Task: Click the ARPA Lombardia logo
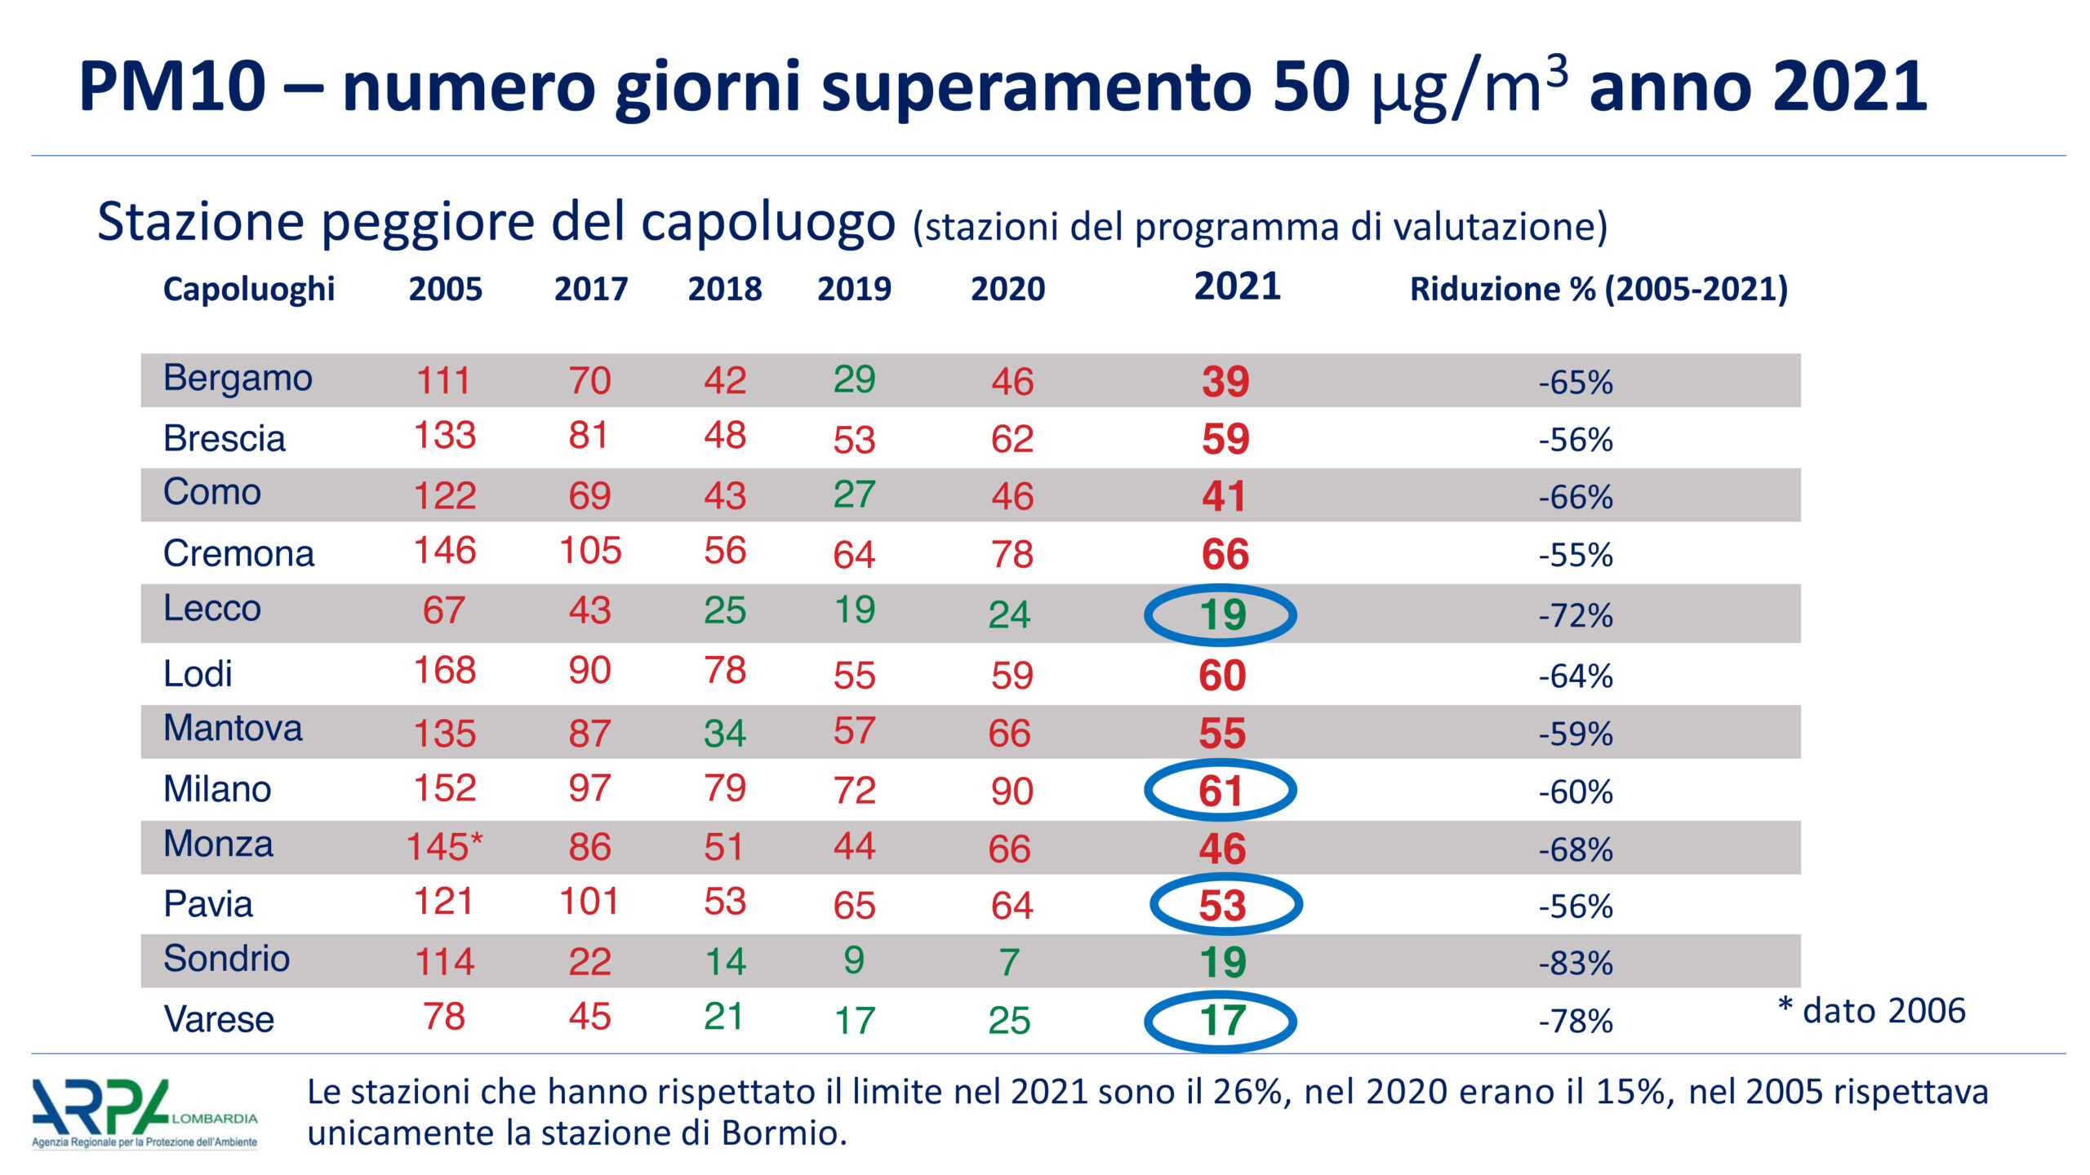tap(145, 1114)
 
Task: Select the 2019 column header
tap(854, 289)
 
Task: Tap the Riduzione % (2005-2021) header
tap(1599, 290)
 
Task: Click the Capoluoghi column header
tap(248, 290)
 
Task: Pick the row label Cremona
tap(238, 554)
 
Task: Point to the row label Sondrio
tap(226, 959)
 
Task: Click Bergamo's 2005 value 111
tap(443, 381)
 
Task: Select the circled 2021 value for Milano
tap(1221, 791)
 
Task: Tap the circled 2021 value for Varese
tap(1222, 1021)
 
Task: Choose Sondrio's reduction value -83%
tap(1576, 964)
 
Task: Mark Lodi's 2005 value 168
tap(445, 671)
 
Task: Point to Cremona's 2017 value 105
tap(590, 551)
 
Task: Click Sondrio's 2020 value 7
tap(1009, 962)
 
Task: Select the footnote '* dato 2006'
tap(1871, 1011)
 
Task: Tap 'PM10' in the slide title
tap(172, 86)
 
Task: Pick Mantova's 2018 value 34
tap(725, 733)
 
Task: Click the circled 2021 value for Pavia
tap(1222, 906)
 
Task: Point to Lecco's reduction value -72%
tap(1576, 615)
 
